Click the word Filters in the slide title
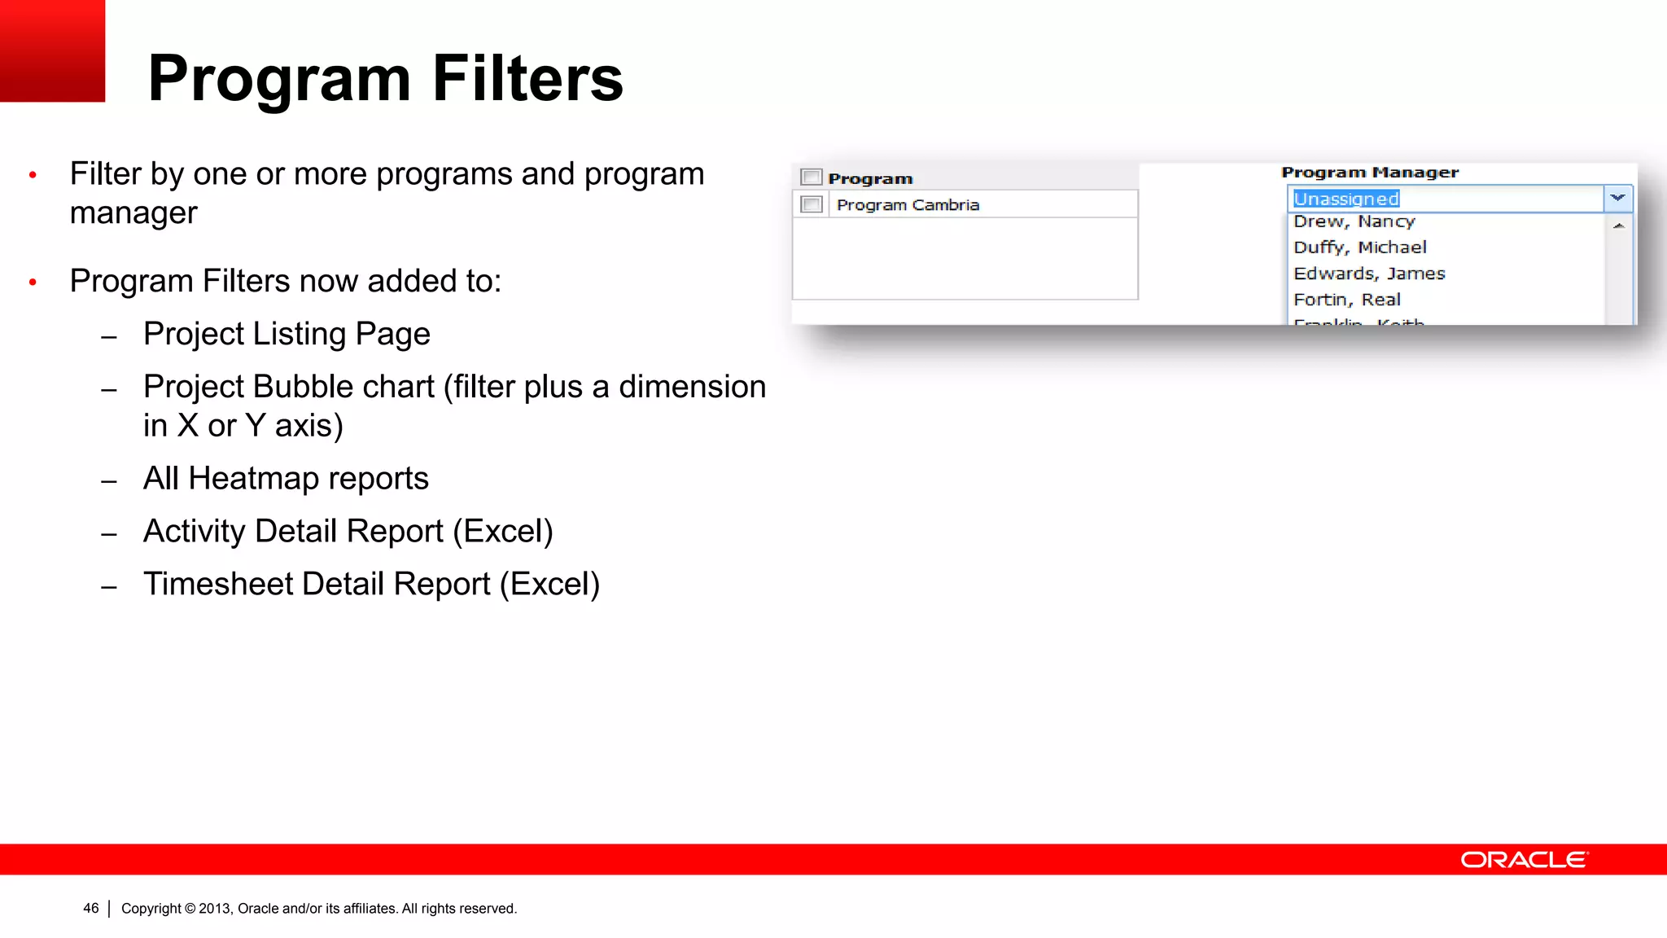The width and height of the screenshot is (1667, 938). point(527,78)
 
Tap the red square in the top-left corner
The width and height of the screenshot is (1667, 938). point(52,50)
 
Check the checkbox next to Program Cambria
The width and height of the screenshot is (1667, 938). point(812,204)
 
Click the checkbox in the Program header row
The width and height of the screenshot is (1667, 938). point(812,177)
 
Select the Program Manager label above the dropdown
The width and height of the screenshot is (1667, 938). point(1370,172)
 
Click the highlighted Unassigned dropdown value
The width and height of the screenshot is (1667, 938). point(1346,199)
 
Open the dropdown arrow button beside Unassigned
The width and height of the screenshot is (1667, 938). point(1617,198)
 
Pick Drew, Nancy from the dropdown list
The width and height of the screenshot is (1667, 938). point(1354,221)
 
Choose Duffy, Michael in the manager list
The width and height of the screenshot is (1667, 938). point(1360,248)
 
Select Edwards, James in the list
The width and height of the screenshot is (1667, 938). point(1369,274)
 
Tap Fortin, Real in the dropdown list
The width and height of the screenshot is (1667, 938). point(1347,300)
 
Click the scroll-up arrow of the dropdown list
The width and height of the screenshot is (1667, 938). point(1618,226)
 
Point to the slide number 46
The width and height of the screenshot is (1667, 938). point(91,908)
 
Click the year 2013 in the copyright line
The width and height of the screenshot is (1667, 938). point(215,909)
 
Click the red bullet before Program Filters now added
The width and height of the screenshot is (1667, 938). point(33,282)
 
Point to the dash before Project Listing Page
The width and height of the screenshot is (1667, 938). point(109,337)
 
